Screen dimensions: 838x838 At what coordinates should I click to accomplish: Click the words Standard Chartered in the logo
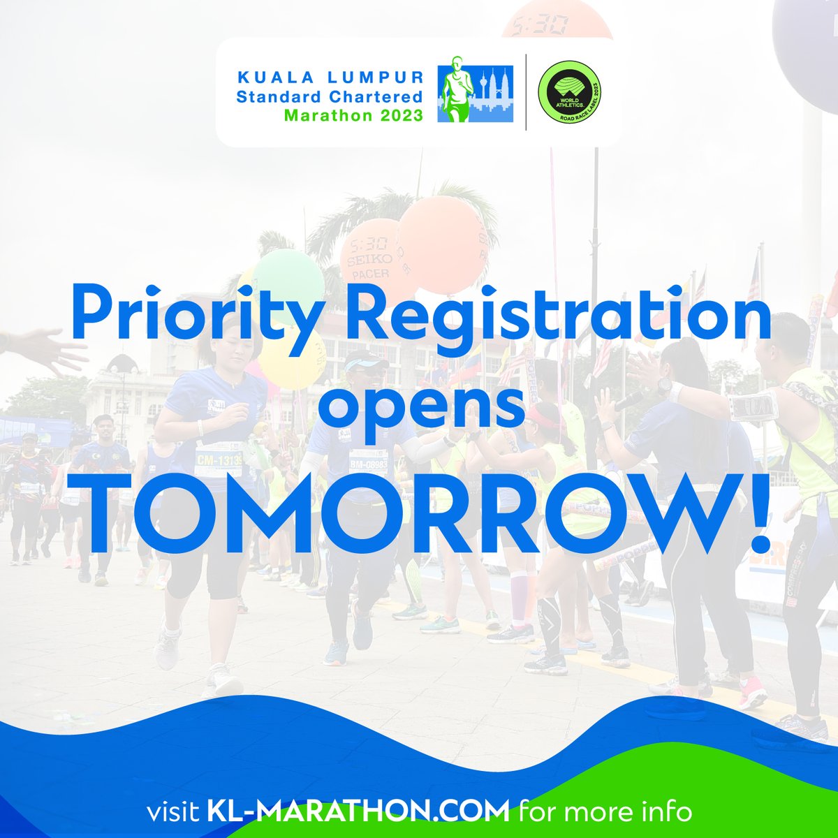[x=330, y=96]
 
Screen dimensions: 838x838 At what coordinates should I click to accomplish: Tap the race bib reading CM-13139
[x=219, y=460]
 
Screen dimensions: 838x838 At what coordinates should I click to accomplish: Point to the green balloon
[x=288, y=276]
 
